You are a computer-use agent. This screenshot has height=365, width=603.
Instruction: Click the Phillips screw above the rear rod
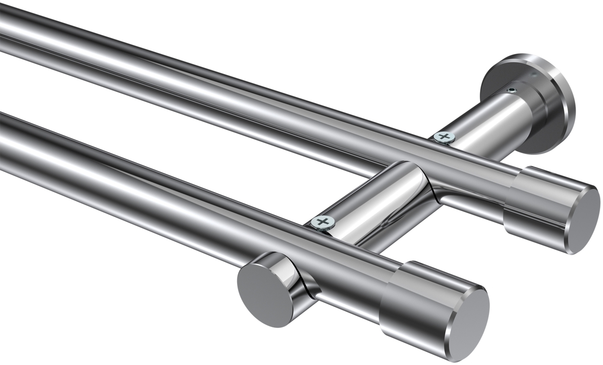point(443,137)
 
